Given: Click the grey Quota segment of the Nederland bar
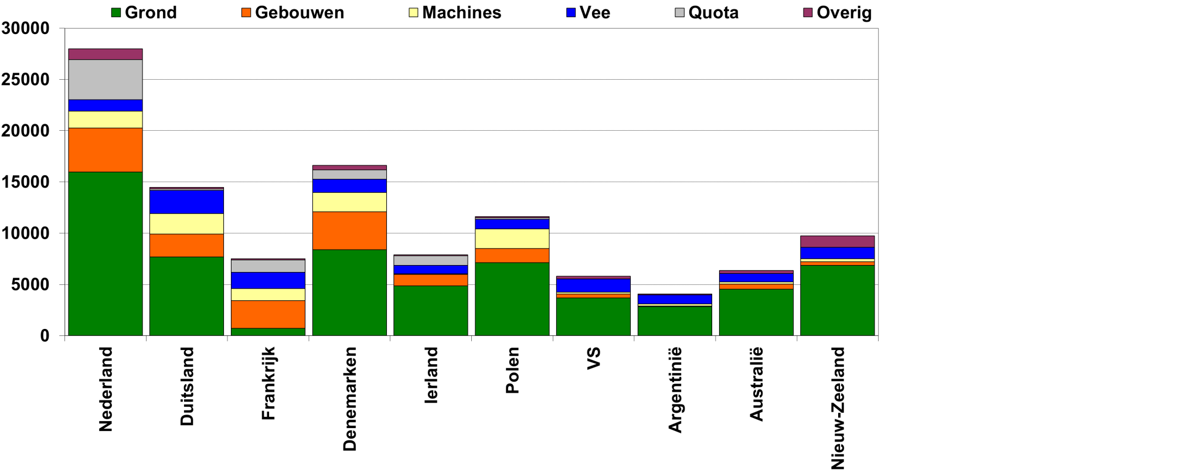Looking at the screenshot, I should tap(106, 80).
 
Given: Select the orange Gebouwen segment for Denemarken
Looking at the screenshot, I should tap(349, 230).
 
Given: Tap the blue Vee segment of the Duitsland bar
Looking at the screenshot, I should tap(186, 202).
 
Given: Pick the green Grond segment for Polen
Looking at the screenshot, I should tap(512, 299).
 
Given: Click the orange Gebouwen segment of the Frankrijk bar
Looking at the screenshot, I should tap(268, 314).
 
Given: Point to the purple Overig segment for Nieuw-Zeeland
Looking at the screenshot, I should tap(837, 241).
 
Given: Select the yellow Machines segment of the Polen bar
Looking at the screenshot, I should tap(512, 239).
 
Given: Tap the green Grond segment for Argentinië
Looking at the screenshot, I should tap(675, 321).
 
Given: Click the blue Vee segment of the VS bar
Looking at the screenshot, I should tap(593, 285).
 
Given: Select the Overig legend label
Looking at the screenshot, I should tap(843, 13).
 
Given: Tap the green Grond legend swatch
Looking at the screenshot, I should tap(116, 12).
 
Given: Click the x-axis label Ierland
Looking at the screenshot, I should tap(431, 375).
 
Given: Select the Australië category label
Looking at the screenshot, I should tap(756, 384).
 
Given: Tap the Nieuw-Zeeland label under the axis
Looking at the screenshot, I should tap(838, 408).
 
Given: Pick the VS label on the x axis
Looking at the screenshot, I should tap(594, 359).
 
